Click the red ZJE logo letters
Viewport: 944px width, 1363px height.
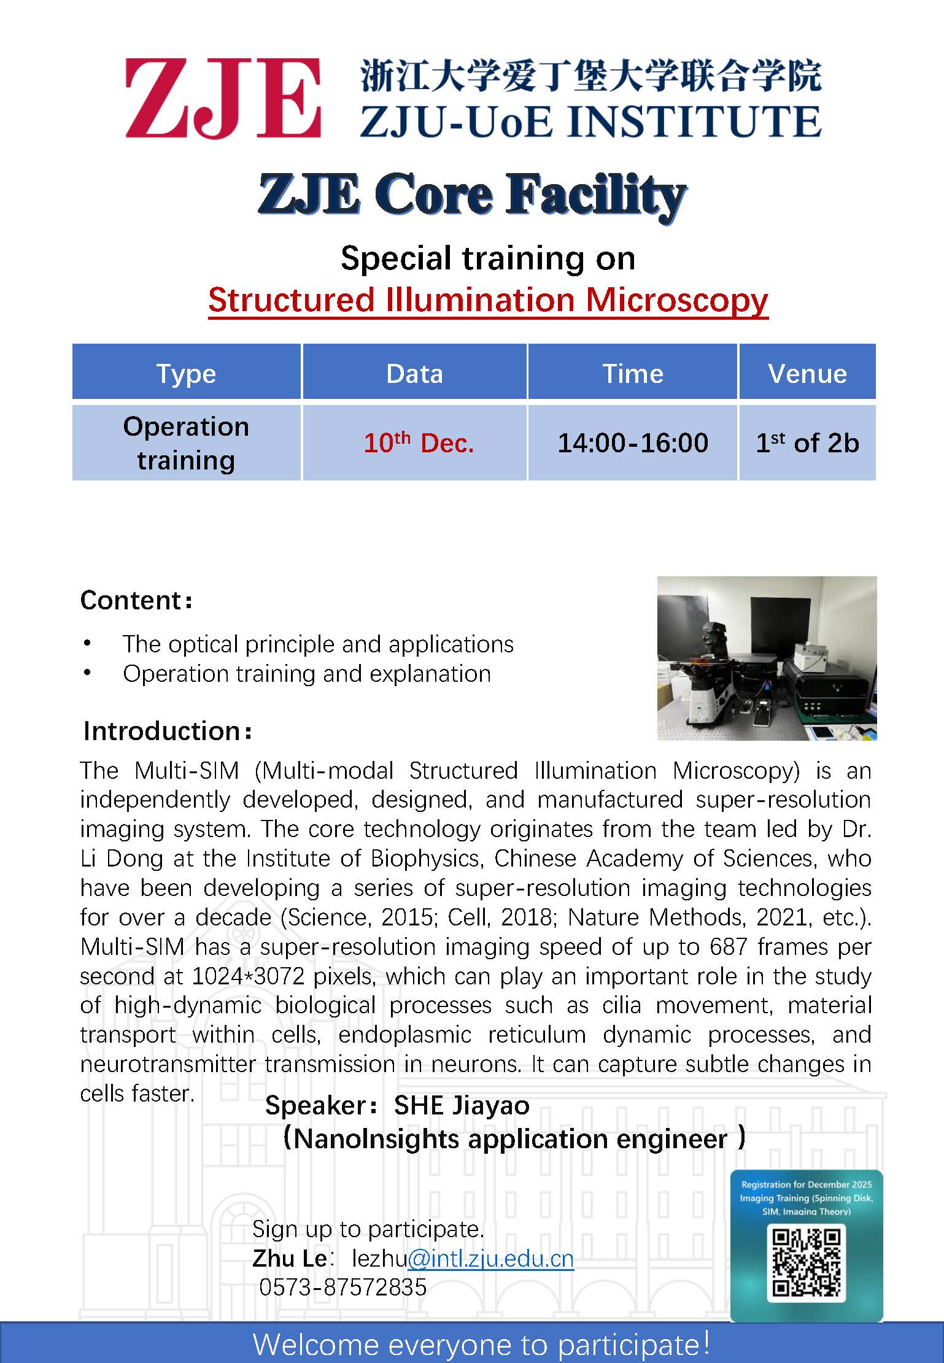[x=223, y=98]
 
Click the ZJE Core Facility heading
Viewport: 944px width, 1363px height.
[x=471, y=195]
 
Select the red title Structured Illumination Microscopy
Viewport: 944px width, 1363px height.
[x=488, y=300]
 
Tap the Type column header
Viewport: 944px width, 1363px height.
[x=186, y=373]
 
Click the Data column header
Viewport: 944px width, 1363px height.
[x=414, y=373]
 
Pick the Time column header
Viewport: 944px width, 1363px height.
[x=633, y=373]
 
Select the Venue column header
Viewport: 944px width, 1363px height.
[x=807, y=373]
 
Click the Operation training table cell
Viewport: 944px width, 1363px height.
[x=186, y=442]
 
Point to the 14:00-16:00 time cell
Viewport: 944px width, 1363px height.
[x=633, y=442]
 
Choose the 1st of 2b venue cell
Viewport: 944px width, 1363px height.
[x=807, y=442]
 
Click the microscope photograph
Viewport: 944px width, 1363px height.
[x=767, y=658]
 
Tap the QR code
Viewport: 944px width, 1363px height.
[x=806, y=1262]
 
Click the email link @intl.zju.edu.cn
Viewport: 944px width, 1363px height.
[x=490, y=1258]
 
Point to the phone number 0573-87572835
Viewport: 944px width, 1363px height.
[x=343, y=1287]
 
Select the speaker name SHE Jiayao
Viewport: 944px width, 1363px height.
[x=462, y=1105]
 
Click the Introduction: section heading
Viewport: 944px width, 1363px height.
[x=168, y=731]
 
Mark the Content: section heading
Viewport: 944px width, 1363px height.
[x=136, y=600]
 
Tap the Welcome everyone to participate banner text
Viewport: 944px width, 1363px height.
[x=482, y=1344]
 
